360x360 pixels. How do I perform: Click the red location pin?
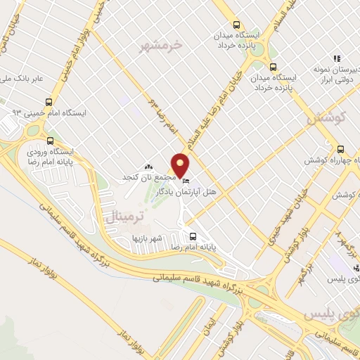click(x=181, y=165)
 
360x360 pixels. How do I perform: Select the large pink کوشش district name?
click(x=324, y=119)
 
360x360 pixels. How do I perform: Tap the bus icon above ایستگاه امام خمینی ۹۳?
click(x=49, y=101)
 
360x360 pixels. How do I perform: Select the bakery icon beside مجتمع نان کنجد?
click(x=148, y=167)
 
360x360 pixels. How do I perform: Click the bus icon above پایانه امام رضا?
click(x=193, y=236)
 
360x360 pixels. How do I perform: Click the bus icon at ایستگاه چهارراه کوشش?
click(x=340, y=148)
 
